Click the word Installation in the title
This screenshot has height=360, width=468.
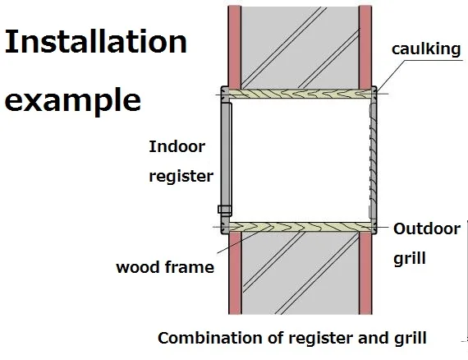[x=95, y=43]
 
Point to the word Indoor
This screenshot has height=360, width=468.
[x=177, y=147]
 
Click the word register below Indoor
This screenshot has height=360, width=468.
[x=181, y=176]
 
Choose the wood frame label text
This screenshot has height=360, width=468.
[x=164, y=266]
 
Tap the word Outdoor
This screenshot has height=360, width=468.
[x=427, y=229]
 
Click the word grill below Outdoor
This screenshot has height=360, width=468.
[x=410, y=258]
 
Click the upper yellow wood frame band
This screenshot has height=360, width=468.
[x=300, y=95]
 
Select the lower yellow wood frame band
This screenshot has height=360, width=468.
[x=300, y=225]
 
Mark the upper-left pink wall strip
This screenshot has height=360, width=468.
[x=233, y=45]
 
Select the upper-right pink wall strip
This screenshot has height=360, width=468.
[x=365, y=45]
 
